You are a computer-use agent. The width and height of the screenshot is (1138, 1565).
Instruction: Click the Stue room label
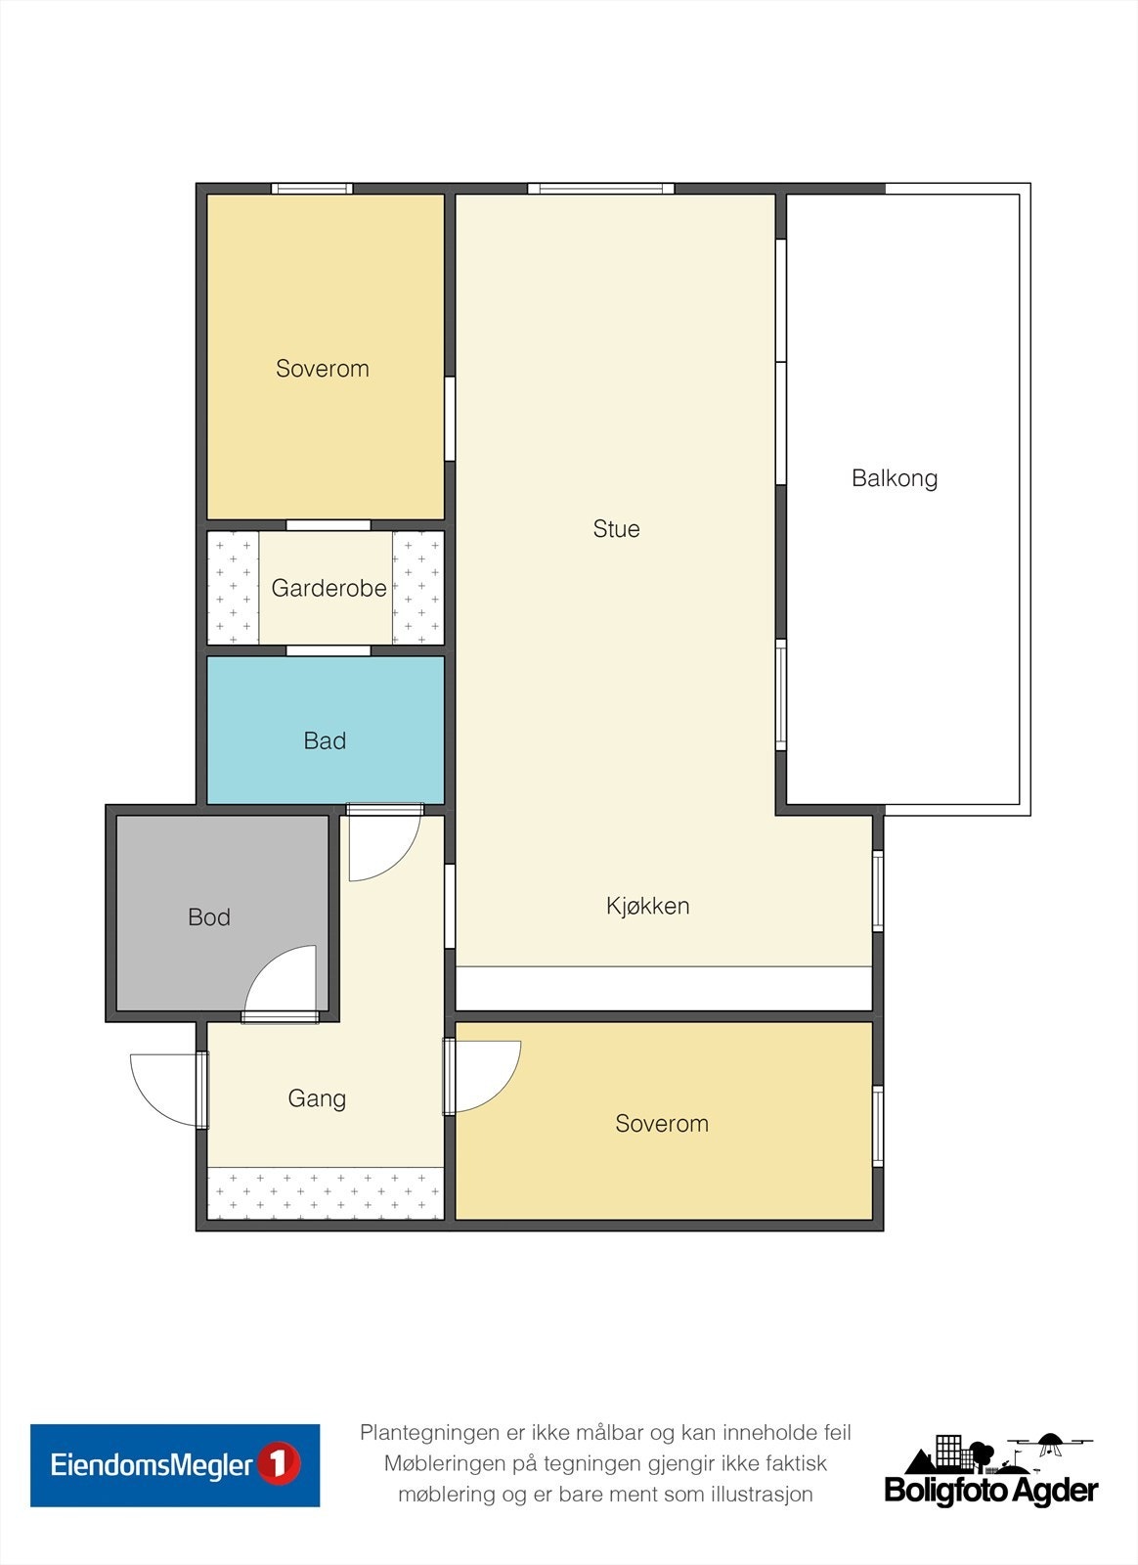[616, 529]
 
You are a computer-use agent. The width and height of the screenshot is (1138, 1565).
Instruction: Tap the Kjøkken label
[648, 906]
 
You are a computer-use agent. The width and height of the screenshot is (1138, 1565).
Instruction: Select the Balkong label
[895, 478]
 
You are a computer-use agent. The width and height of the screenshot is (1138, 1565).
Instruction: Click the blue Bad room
[326, 730]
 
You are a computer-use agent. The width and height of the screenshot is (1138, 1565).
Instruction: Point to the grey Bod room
[222, 913]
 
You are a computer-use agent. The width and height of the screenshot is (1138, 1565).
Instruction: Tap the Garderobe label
[328, 588]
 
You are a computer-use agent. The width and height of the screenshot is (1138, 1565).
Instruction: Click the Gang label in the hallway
[317, 1098]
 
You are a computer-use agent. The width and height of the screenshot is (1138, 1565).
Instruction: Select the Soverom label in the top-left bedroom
[323, 369]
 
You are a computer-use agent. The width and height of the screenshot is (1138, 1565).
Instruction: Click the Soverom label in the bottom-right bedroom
[662, 1124]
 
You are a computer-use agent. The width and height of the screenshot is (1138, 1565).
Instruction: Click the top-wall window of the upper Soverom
[312, 188]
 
